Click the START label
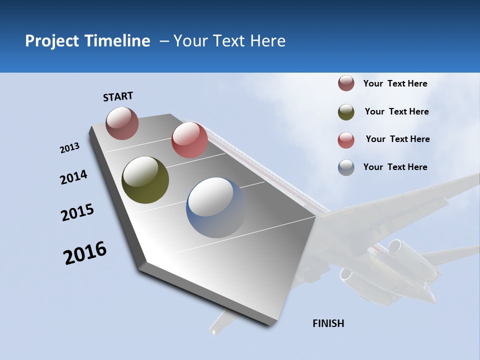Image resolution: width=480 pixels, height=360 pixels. click(118, 96)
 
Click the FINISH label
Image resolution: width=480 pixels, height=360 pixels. click(328, 323)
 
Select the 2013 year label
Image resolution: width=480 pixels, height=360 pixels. click(69, 148)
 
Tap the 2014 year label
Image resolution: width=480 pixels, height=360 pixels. click(73, 177)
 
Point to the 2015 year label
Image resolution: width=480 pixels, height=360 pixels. click(77, 212)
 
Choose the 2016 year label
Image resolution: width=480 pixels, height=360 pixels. click(85, 253)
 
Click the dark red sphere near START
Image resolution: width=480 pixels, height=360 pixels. click(122, 123)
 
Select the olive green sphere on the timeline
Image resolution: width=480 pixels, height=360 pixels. click(145, 180)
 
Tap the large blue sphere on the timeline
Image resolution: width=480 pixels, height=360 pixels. click(216, 207)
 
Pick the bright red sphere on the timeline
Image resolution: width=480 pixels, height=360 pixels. click(189, 140)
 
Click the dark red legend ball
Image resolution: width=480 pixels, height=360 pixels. click(346, 83)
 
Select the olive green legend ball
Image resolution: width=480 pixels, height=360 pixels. click(346, 112)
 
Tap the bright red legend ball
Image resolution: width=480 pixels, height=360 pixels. click(346, 140)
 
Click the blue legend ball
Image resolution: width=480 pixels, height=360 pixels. click(346, 167)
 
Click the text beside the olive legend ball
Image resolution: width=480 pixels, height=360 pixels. click(396, 111)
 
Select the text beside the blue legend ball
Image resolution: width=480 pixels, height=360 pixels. click(395, 167)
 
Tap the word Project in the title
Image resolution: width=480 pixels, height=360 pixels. click(52, 41)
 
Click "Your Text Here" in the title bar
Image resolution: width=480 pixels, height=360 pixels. click(229, 41)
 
